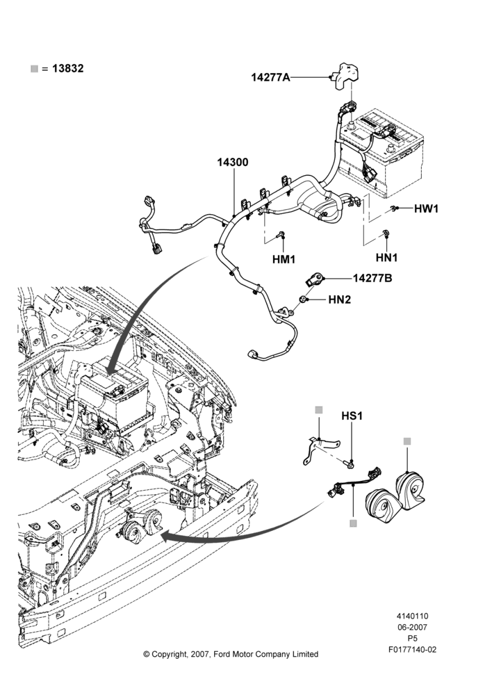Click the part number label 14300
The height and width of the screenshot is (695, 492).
232,162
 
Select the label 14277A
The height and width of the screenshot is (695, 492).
270,77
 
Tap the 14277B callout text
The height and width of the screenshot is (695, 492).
372,279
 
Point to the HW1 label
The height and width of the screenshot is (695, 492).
426,208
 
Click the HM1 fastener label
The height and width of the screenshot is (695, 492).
284,259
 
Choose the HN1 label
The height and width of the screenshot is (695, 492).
386,257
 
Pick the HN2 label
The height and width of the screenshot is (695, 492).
340,300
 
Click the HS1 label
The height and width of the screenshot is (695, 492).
352,416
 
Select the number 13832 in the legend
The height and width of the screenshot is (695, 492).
68,69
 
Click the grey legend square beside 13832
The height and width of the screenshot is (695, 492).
34,69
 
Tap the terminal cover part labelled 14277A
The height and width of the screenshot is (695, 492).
346,76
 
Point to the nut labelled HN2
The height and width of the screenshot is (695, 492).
303,300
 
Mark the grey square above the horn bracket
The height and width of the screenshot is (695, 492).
319,410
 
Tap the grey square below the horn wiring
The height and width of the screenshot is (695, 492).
353,523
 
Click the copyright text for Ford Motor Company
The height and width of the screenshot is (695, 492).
231,654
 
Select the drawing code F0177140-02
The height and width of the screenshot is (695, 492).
413,650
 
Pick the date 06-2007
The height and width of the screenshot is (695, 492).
412,627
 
